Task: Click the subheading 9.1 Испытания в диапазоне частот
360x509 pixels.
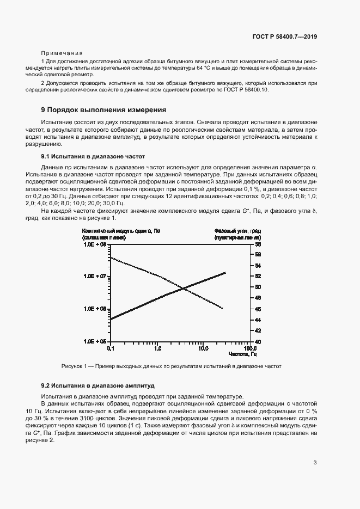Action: click(x=86, y=156)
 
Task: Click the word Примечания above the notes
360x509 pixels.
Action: click(x=62, y=53)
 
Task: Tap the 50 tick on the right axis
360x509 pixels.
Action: click(x=258, y=287)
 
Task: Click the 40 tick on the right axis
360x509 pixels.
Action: click(x=258, y=341)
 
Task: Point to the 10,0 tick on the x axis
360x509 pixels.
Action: click(x=203, y=347)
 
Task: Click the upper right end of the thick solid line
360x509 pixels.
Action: click(x=225, y=273)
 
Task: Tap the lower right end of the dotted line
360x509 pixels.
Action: click(x=223, y=309)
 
